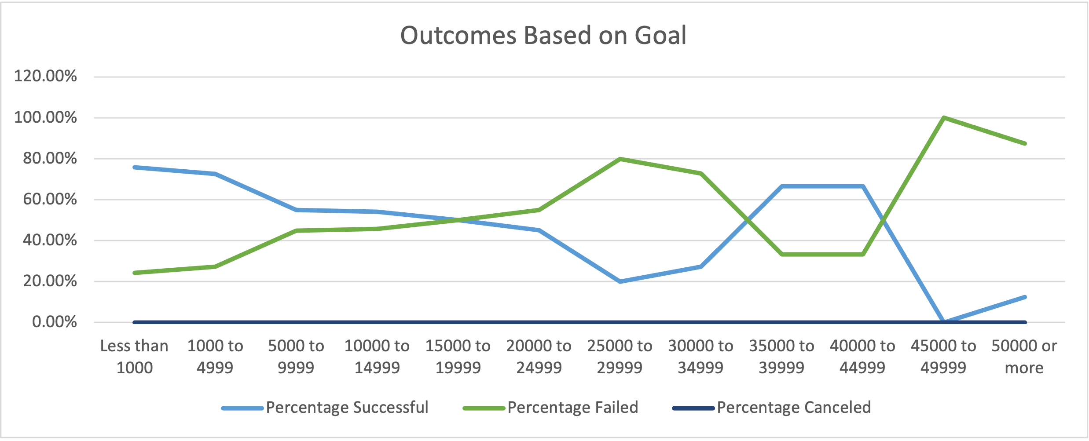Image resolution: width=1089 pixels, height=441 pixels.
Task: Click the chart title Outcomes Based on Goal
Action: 543,35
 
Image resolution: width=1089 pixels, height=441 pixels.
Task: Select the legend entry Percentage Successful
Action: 347,408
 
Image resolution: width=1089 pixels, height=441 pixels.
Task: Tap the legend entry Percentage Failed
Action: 572,408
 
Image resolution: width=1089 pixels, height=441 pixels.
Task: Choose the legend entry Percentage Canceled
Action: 793,408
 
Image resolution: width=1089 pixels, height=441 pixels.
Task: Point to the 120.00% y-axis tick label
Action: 45,77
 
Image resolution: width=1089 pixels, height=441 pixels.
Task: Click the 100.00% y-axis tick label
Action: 45,117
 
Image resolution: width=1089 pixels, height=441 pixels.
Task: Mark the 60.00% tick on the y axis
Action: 50,200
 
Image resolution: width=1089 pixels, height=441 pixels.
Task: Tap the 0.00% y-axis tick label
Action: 54,322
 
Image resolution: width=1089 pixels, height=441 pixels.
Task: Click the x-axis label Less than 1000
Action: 134,357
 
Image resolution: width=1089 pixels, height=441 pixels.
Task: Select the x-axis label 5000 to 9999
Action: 296,357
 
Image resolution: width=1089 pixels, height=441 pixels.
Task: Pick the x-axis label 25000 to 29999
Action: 620,357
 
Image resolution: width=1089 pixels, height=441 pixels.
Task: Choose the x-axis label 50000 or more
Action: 1024,357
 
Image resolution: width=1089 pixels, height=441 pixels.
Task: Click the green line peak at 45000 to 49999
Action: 943,117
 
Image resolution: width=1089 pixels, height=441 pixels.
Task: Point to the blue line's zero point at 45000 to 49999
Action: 943,321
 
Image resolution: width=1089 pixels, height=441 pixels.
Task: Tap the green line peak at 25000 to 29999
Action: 620,159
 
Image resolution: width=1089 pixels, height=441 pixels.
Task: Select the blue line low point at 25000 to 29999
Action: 620,281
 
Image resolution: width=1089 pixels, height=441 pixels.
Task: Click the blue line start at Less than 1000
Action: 134,167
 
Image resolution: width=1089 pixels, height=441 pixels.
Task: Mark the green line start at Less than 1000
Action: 134,273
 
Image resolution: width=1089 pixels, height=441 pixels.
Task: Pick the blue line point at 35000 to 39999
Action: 781,186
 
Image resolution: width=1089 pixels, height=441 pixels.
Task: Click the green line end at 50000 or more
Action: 1025,144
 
